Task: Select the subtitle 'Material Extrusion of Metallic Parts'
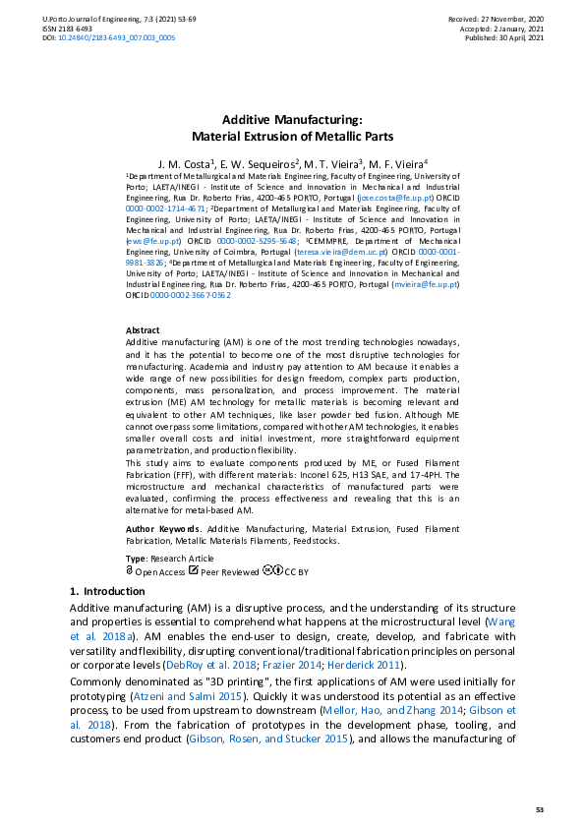[x=292, y=136]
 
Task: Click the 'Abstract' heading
[x=144, y=330]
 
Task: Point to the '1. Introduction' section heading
[x=107, y=591]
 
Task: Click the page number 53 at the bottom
[x=539, y=809]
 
